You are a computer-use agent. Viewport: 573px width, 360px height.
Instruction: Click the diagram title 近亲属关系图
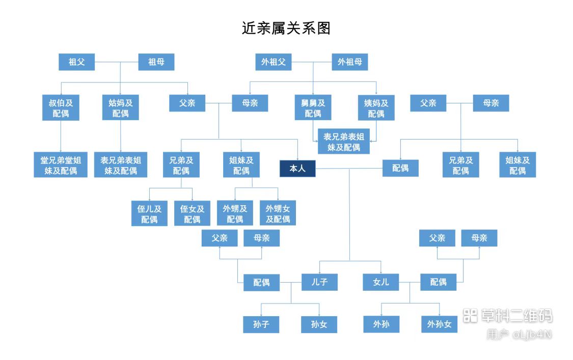[x=286, y=28]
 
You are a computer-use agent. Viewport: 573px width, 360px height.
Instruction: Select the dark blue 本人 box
[x=297, y=169]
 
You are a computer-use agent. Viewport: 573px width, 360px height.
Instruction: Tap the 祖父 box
[x=76, y=62]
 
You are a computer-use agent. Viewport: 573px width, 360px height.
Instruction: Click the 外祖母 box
[x=350, y=62]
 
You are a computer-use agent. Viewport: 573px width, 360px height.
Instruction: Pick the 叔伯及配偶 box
[x=61, y=108]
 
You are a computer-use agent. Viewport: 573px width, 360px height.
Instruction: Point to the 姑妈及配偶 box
[x=121, y=108]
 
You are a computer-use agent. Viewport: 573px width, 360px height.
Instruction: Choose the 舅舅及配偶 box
[x=313, y=108]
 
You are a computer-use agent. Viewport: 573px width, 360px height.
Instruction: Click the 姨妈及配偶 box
[x=376, y=108]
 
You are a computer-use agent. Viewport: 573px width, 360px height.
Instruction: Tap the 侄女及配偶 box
[x=192, y=214]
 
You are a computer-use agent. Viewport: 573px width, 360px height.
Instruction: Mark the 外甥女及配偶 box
[x=278, y=214]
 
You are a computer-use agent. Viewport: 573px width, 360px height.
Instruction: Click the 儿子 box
[x=319, y=282]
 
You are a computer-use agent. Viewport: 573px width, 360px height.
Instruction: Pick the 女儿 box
[x=380, y=282]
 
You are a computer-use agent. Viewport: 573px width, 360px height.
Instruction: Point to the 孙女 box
[x=319, y=324]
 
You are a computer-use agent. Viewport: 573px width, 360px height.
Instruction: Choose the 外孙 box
[x=380, y=324]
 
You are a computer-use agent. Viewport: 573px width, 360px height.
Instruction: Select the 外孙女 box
[x=439, y=324]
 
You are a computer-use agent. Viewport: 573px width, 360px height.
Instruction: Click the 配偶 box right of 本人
[x=400, y=168]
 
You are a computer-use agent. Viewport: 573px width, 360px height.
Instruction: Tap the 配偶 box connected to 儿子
[x=261, y=282]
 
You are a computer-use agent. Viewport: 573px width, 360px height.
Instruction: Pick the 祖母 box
[x=156, y=62]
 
